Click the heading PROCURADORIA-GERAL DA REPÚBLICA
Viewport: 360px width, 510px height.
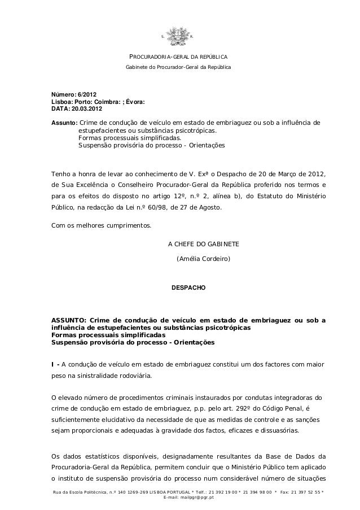click(x=179, y=58)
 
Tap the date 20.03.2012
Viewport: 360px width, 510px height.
click(x=87, y=108)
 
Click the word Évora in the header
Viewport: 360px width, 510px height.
click(x=134, y=101)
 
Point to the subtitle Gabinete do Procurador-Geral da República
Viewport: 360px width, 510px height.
click(x=178, y=68)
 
